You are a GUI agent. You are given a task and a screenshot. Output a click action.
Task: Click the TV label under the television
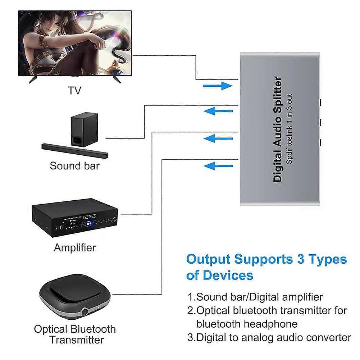(75, 90)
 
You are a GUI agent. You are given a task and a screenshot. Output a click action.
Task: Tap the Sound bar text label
(74, 166)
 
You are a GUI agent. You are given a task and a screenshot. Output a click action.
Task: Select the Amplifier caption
(75, 247)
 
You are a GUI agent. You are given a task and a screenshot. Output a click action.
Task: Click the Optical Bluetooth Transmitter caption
(75, 334)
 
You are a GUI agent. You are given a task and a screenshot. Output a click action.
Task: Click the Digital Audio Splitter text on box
(278, 129)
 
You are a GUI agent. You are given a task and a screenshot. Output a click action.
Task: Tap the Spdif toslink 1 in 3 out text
(289, 129)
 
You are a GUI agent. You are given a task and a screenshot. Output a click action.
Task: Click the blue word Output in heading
(209, 259)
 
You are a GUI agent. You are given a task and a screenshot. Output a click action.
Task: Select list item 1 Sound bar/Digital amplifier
(255, 297)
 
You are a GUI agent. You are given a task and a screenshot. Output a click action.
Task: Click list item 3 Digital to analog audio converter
(269, 337)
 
